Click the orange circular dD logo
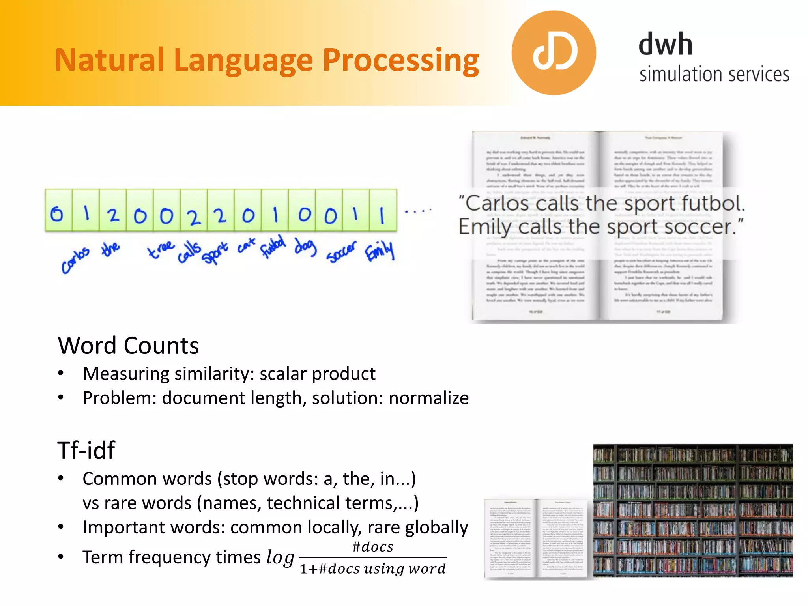(554, 53)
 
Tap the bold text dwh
(665, 44)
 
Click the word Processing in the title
(400, 60)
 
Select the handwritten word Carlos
(75, 259)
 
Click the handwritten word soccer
(341, 252)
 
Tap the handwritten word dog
(305, 247)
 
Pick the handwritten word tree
(161, 249)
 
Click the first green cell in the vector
(58, 210)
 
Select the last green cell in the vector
(383, 210)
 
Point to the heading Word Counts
(128, 346)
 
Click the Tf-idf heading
(86, 450)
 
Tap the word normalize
(429, 398)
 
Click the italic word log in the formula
(280, 557)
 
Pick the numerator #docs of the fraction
(372, 547)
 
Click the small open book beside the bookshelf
(536, 539)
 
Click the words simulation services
(714, 75)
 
